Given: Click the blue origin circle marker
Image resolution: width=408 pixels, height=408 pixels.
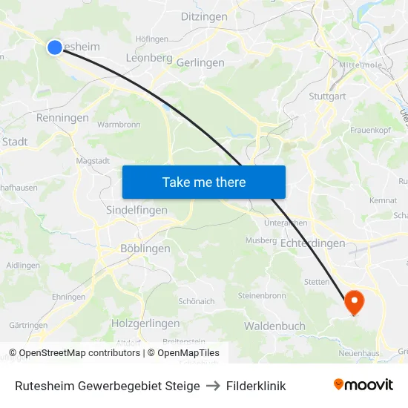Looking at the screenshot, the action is point(54,47).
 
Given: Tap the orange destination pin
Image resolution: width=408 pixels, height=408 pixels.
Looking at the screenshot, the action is point(354,301).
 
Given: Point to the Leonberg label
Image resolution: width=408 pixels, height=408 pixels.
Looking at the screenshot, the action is point(149,58).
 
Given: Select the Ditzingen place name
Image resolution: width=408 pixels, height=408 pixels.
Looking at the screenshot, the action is point(203,16).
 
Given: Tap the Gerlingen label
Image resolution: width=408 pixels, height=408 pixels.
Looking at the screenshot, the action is point(200,63).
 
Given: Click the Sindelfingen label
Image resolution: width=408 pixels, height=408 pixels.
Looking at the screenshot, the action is point(136,210).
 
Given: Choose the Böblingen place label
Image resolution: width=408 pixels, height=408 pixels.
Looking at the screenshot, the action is point(145,249).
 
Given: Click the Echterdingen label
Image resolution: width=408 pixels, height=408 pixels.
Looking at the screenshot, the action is point(313,243).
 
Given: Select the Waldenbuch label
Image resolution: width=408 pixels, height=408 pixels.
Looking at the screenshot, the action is point(274,326).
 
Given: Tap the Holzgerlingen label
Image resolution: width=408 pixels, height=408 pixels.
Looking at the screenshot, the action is point(145,323).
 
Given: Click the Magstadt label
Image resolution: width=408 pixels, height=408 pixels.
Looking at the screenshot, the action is point(93,159).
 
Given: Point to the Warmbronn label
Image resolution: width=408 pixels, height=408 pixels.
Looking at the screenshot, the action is point(119,125).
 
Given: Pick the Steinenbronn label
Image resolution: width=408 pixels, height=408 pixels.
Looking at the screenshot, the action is point(262,295).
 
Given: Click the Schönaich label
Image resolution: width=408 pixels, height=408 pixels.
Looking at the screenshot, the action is point(196,302).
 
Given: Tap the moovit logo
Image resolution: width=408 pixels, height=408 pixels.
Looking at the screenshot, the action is point(363,385).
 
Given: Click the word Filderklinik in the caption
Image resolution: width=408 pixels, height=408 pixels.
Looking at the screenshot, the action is point(256,386).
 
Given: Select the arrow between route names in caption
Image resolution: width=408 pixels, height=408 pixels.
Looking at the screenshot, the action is point(213,386).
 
